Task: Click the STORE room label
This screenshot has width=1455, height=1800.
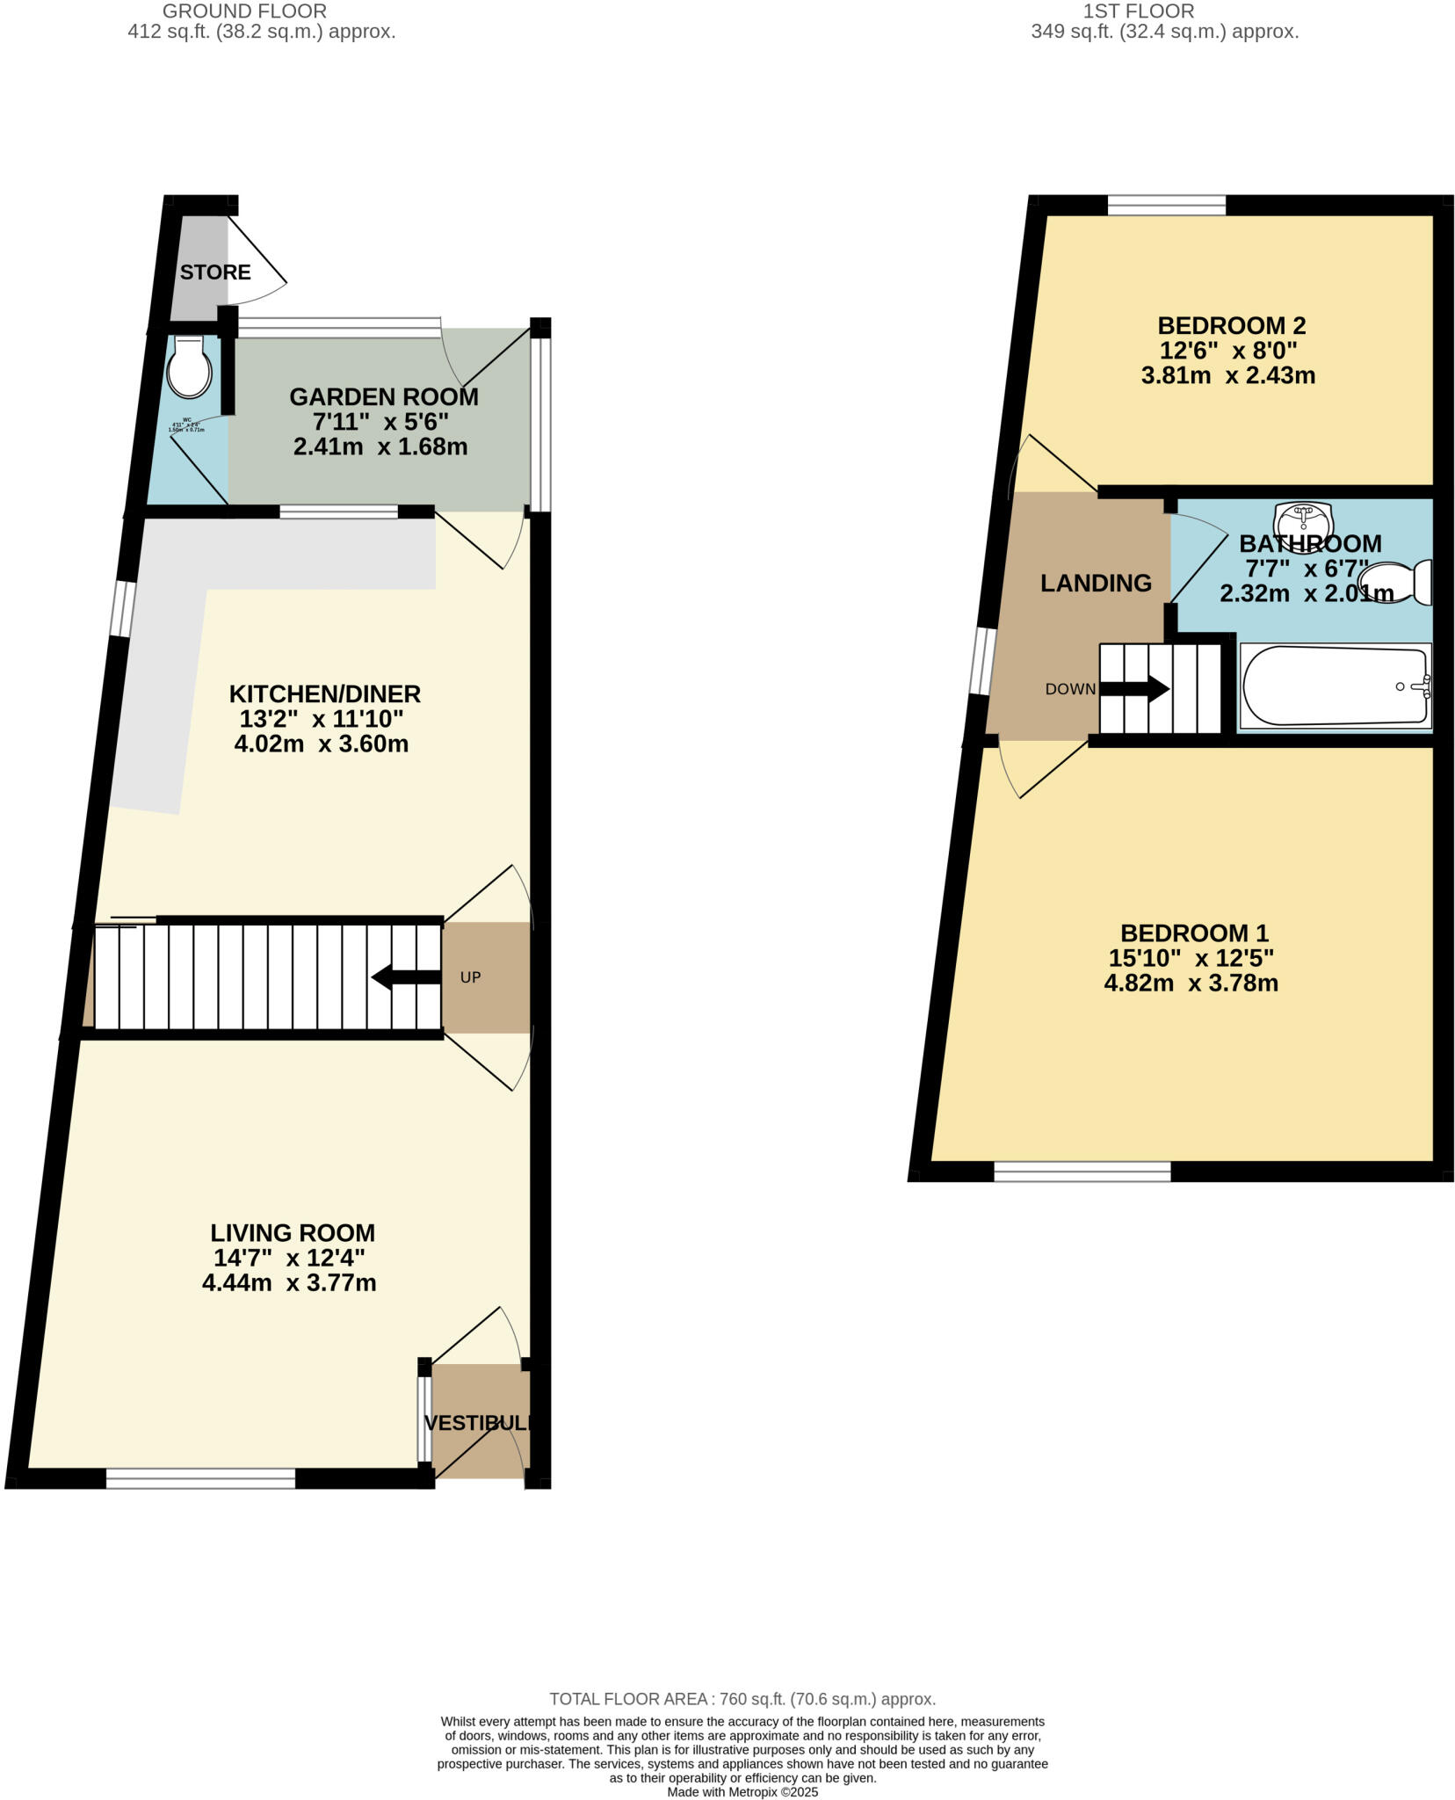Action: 215,272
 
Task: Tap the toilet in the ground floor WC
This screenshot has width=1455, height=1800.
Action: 190,368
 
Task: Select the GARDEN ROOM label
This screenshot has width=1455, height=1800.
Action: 384,397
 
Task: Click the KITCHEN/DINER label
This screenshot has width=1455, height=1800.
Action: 324,694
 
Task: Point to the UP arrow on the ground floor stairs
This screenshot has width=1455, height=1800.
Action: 405,977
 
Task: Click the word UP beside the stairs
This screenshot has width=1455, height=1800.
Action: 470,977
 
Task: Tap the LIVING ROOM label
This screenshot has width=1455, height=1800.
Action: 292,1233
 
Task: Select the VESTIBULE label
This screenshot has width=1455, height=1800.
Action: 479,1423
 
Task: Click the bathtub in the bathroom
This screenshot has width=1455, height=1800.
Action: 1334,687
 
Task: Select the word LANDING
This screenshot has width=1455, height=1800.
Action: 1096,583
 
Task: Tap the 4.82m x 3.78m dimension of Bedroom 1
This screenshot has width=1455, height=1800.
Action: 1191,983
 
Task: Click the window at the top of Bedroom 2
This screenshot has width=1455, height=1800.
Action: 1166,206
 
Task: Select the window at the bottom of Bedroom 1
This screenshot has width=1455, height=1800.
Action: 1082,1172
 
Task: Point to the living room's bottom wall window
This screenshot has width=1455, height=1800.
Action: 200,1479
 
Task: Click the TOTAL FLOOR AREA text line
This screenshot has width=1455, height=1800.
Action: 742,1699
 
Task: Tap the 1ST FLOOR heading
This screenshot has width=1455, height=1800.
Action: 1138,11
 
